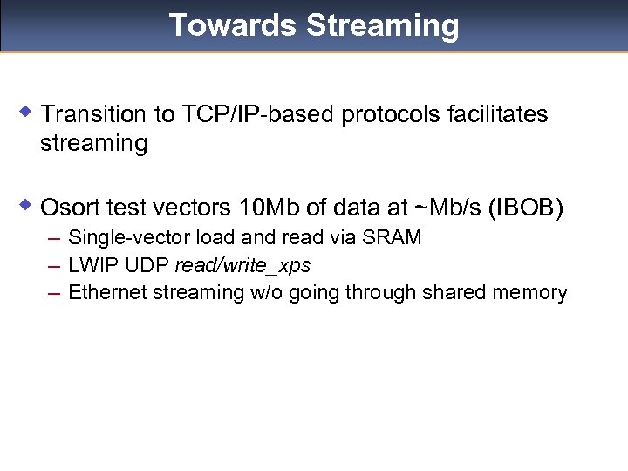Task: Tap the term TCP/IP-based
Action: coord(258,114)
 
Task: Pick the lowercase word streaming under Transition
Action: coord(94,143)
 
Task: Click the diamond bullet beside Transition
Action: coord(27,113)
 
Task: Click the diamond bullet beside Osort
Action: coord(27,207)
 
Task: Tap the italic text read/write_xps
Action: coord(242,265)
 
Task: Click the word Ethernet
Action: coord(106,292)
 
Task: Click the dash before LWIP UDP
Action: coord(54,265)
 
